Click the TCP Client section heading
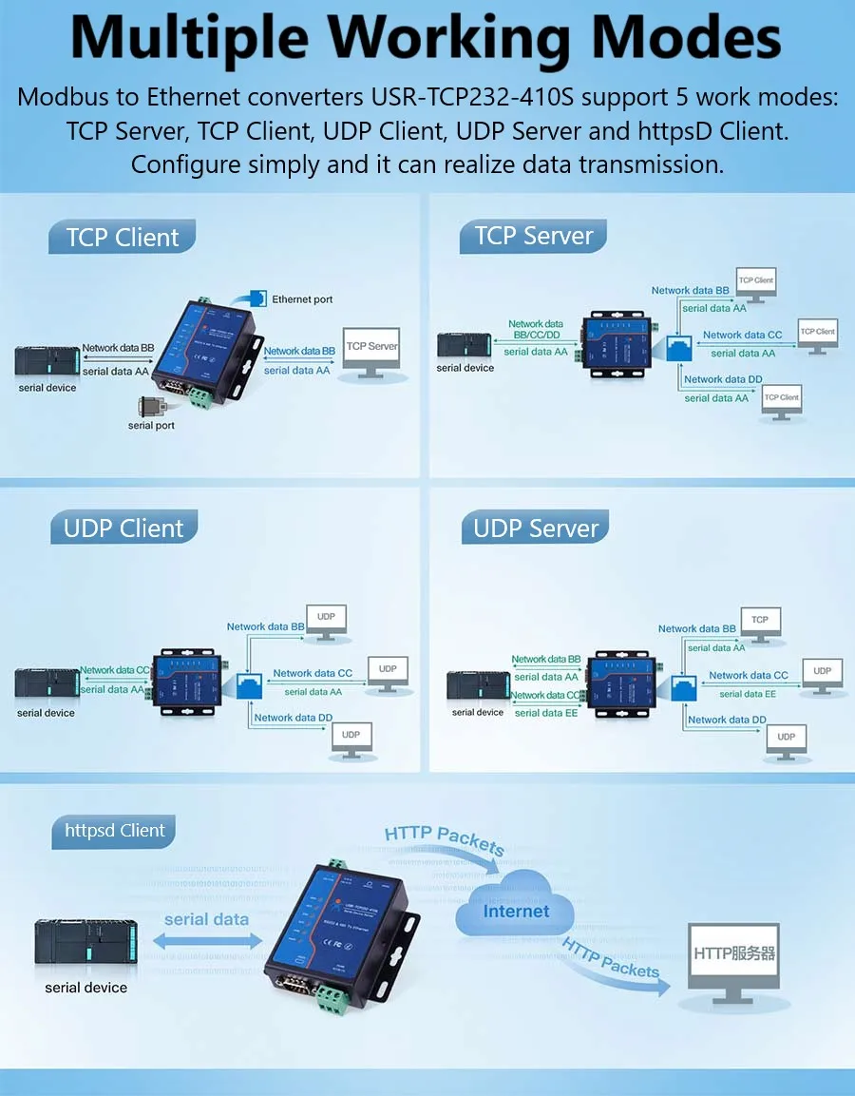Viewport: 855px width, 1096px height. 123,238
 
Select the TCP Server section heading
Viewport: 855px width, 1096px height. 534,236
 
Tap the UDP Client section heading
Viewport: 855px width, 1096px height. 123,529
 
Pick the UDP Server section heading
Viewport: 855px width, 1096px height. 536,529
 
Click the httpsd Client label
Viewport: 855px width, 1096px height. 115,831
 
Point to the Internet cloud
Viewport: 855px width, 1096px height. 516,911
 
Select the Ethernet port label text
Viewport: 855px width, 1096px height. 302,299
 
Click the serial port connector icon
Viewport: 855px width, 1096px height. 153,406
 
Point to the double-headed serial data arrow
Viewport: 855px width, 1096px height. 207,939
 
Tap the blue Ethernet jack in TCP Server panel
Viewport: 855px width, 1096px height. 679,347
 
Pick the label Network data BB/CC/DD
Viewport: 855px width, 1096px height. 537,330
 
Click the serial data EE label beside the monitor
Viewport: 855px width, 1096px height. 748,694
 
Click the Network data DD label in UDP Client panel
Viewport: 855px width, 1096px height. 293,718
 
